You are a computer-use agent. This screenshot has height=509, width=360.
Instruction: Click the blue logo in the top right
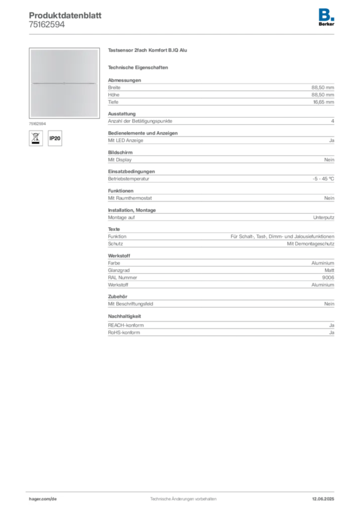click(x=327, y=14)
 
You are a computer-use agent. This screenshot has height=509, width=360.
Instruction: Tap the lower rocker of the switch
click(x=64, y=100)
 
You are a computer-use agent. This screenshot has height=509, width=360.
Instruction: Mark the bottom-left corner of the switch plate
click(x=31, y=116)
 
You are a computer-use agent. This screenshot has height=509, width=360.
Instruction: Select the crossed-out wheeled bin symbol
click(x=35, y=137)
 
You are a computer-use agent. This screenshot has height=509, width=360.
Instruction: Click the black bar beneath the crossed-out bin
click(x=35, y=143)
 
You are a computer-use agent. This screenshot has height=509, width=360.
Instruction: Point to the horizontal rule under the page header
click(x=182, y=34)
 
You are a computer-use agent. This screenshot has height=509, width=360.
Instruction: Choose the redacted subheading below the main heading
click(x=139, y=67)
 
